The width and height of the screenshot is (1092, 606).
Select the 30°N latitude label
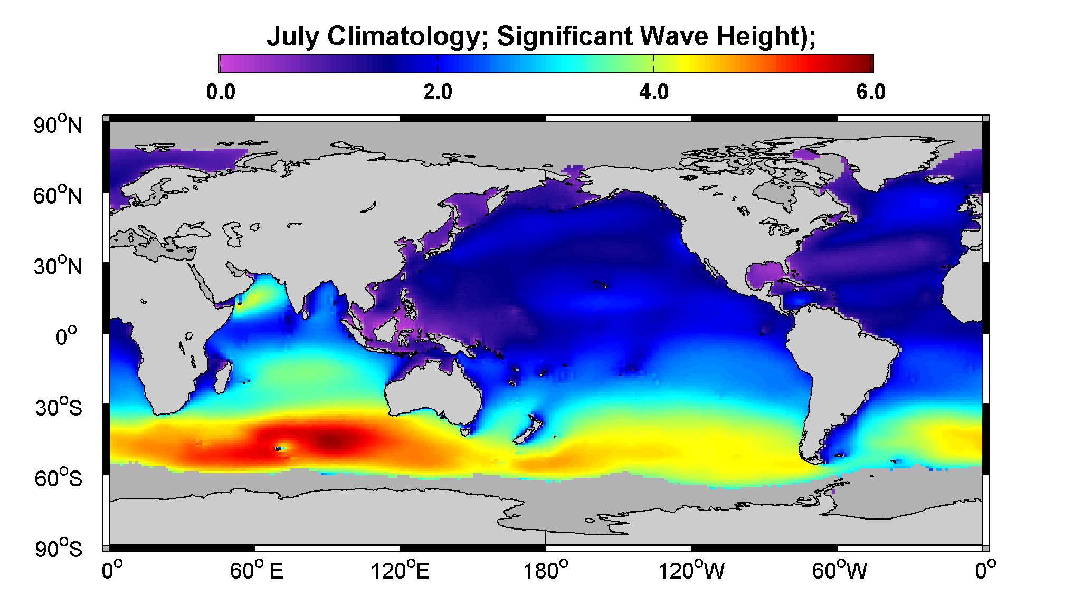pyautogui.click(x=58, y=266)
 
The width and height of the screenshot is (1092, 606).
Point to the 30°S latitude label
pyautogui.click(x=58, y=407)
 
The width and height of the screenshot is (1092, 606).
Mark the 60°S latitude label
pyautogui.click(x=58, y=478)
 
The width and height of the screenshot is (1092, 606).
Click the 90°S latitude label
pyautogui.click(x=58, y=549)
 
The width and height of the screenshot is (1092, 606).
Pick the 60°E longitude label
pyautogui.click(x=257, y=571)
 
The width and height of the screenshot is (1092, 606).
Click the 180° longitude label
pyautogui.click(x=545, y=571)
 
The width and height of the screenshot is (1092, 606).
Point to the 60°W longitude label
pyautogui.click(x=839, y=571)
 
